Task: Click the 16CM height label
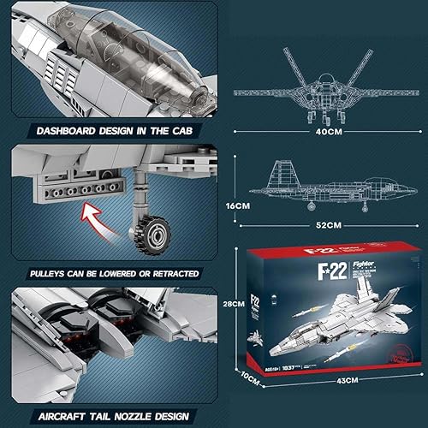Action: pos(246,206)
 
